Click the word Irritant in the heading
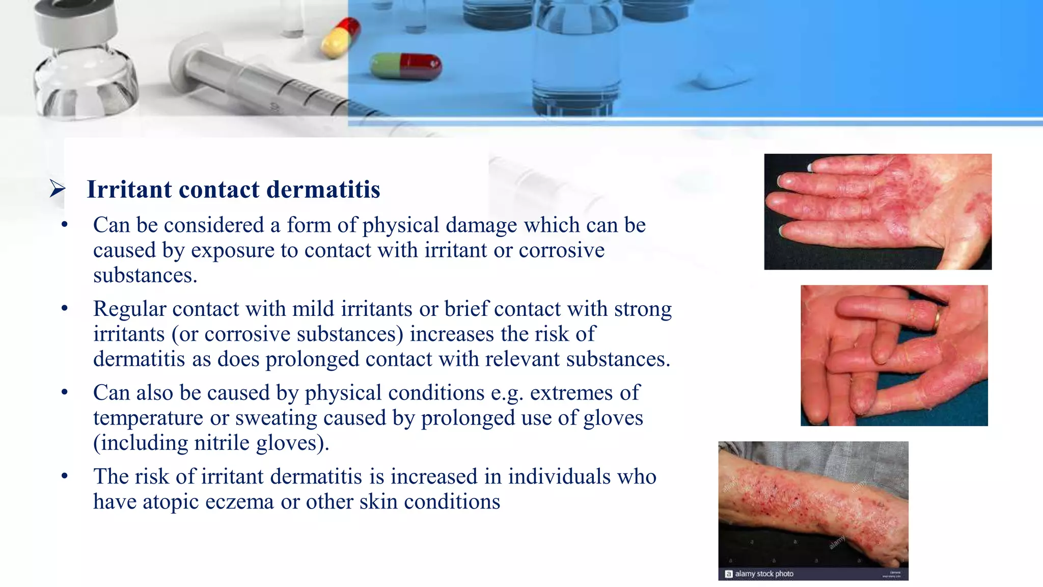(129, 190)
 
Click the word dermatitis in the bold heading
(323, 190)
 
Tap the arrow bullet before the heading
(58, 189)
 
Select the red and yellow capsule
(340, 37)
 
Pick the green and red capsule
(406, 67)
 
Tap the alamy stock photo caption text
(764, 574)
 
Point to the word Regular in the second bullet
(130, 309)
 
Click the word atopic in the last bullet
(171, 502)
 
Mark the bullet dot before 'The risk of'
(64, 476)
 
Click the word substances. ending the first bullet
(145, 276)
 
